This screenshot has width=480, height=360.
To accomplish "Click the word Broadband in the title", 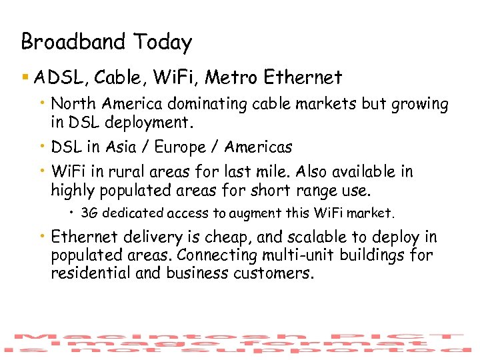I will click(x=74, y=42).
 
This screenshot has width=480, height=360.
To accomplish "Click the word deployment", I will click(x=160, y=123).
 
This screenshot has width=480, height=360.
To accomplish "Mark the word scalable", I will click(x=313, y=237).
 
